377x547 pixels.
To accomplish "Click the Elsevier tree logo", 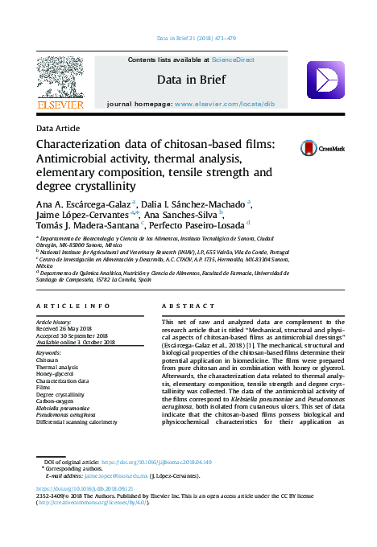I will tap(60, 80).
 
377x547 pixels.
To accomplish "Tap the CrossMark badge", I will tap(321, 148).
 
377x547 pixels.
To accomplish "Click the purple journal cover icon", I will tap(325, 80).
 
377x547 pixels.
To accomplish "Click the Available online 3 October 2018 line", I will tap(76, 342).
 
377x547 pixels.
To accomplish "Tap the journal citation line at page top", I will tap(195, 38).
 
